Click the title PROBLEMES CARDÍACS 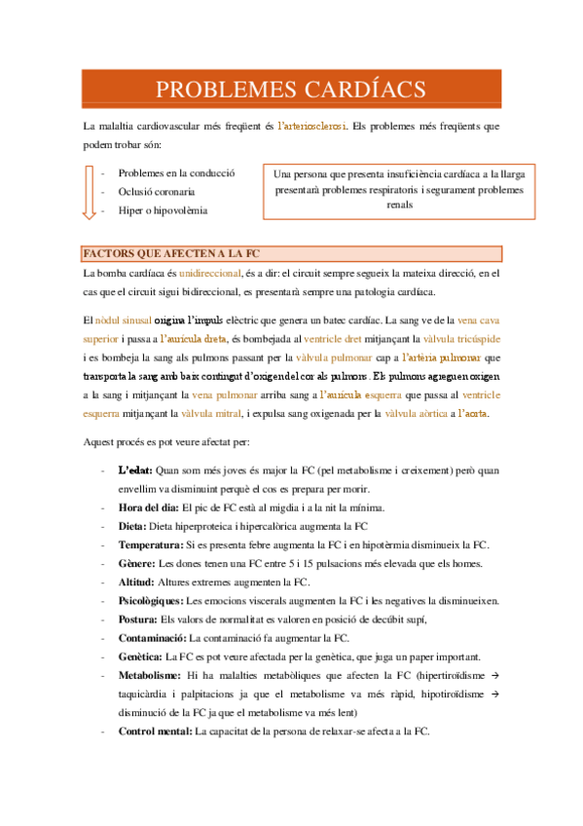coord(291,89)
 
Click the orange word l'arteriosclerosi coord(310,127)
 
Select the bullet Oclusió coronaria coord(157,192)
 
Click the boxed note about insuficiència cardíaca coord(399,189)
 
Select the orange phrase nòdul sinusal coord(124,319)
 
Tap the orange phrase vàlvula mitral coord(233,413)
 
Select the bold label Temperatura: coord(150,544)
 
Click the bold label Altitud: coord(136,582)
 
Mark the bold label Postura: coord(138,619)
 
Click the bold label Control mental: coord(156,732)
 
